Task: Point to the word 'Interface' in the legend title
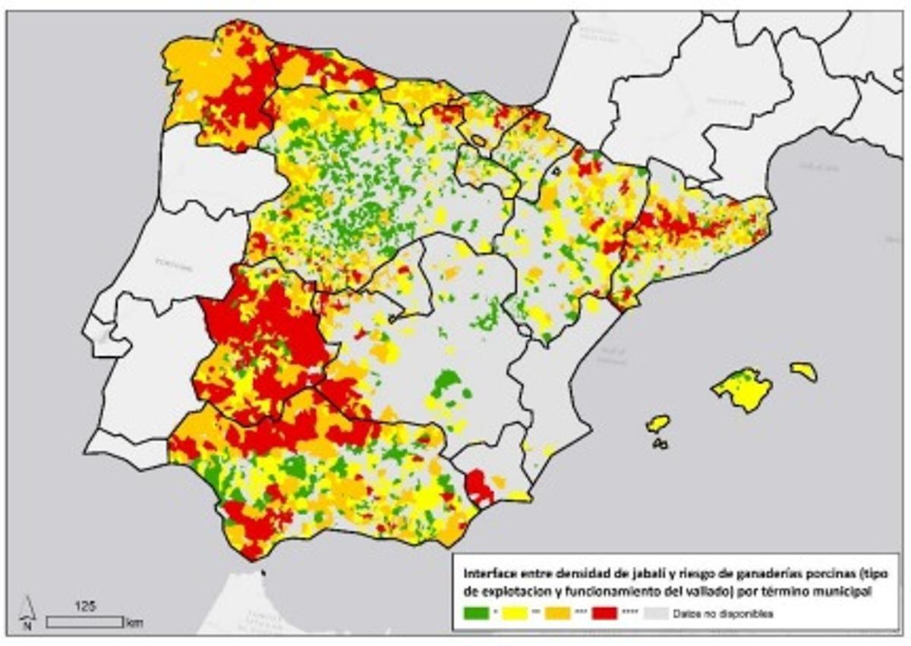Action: click(477, 574)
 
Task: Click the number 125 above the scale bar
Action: click(84, 607)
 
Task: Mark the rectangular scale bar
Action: click(84, 622)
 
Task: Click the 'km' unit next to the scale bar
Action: click(134, 623)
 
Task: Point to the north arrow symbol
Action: click(27, 613)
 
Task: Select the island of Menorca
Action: click(803, 371)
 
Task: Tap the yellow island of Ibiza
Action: click(657, 423)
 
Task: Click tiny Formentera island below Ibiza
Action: click(660, 444)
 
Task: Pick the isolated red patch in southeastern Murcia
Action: click(478, 485)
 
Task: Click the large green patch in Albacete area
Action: click(446, 381)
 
